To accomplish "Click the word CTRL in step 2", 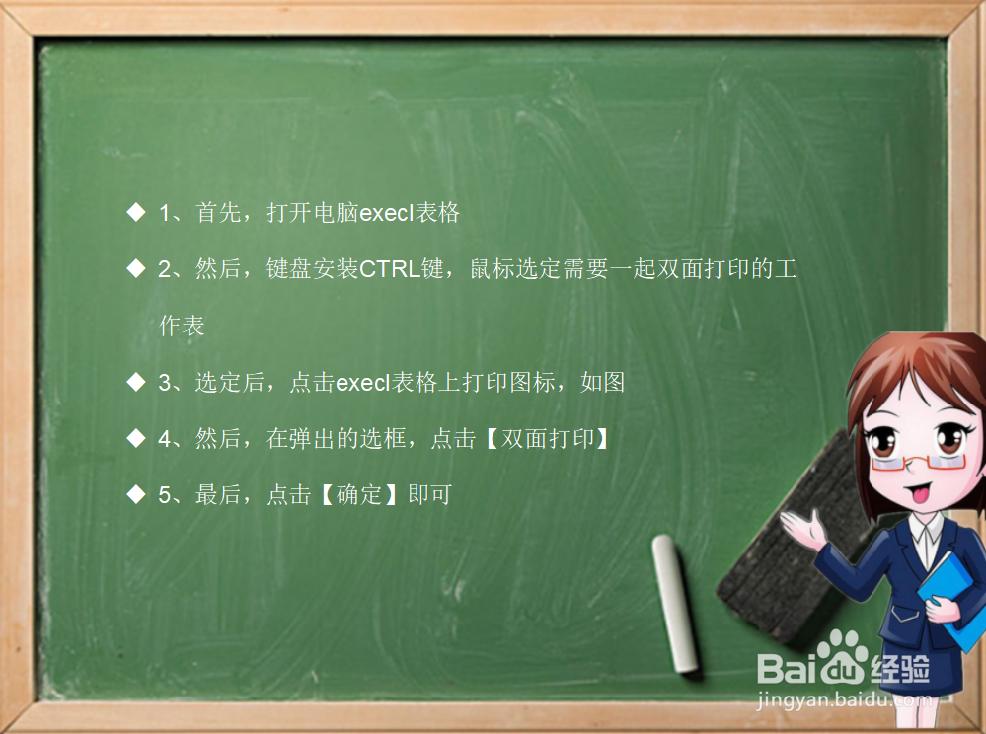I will click(390, 269).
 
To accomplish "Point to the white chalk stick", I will click(676, 602).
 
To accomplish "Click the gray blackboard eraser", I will click(780, 552).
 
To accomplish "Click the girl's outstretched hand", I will click(801, 529).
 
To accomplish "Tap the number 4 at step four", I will click(165, 439).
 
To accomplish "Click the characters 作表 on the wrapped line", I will click(182, 327).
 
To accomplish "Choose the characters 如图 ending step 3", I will click(602, 383).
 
